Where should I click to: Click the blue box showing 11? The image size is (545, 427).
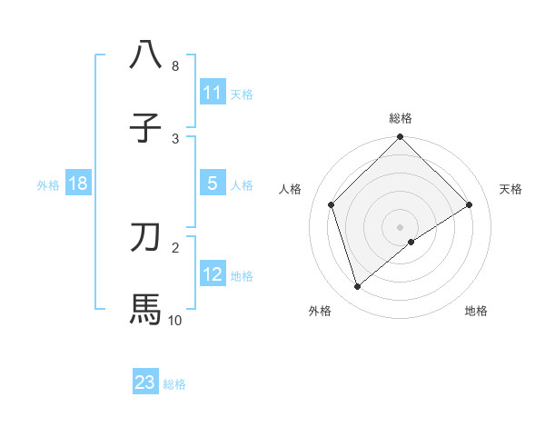[x=213, y=93]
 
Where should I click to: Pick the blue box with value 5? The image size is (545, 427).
[x=213, y=184]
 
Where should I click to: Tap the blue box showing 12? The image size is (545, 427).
[x=213, y=274]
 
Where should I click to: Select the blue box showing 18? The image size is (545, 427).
[x=78, y=184]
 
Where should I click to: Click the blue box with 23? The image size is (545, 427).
[x=145, y=382]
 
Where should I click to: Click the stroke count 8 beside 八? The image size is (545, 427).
[x=175, y=66]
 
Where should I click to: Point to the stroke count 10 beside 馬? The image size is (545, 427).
[x=175, y=320]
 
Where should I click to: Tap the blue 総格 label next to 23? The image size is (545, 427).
[x=175, y=384]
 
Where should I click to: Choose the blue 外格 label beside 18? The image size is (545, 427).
[x=48, y=185]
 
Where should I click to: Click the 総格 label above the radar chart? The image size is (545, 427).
[x=401, y=118]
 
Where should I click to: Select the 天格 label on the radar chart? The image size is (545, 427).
[x=511, y=189]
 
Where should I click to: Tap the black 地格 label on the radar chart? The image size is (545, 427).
[x=476, y=311]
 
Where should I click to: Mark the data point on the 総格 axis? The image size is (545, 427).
[x=401, y=138]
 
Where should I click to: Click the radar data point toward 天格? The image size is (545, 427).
[x=470, y=205]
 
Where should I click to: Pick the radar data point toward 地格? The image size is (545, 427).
[x=411, y=242]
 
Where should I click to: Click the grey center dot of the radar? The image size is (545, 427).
[x=401, y=226]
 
